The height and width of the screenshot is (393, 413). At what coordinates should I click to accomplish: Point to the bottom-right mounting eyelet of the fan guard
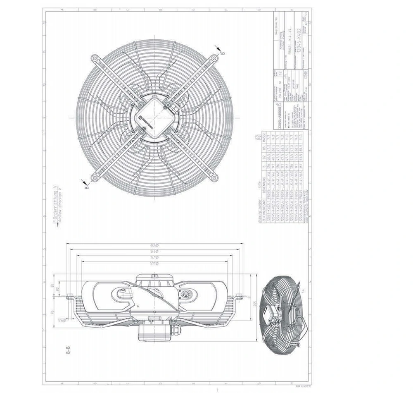[x=214, y=177]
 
